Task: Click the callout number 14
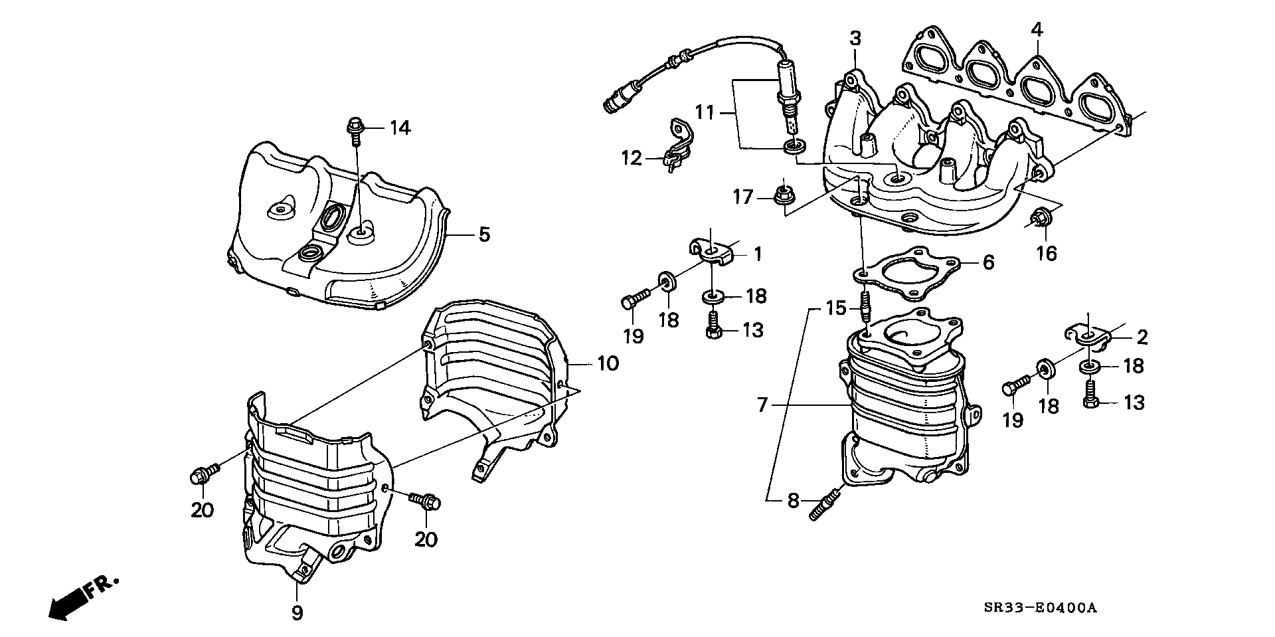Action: (400, 128)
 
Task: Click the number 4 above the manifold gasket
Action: (1037, 30)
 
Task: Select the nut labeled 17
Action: (782, 195)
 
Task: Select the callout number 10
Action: (608, 363)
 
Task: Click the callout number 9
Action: (297, 612)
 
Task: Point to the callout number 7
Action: (762, 403)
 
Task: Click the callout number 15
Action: (836, 308)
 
